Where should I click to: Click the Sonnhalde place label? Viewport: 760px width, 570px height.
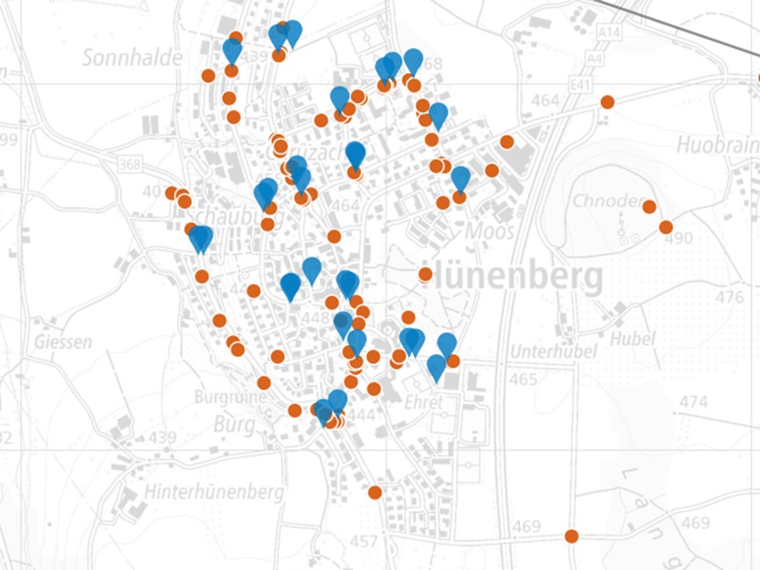(x=132, y=58)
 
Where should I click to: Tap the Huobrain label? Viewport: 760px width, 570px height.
(x=718, y=143)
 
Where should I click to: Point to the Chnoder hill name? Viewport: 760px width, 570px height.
(x=607, y=202)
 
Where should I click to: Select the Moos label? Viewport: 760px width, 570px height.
(x=489, y=232)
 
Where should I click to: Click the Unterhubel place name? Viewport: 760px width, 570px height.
(x=553, y=352)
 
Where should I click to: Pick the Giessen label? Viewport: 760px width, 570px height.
(x=63, y=342)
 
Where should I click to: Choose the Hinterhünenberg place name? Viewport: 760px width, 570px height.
(x=215, y=492)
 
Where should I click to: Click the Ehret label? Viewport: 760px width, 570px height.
(x=424, y=401)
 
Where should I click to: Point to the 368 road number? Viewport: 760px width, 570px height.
(x=129, y=164)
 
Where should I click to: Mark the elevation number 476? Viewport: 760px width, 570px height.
(x=729, y=297)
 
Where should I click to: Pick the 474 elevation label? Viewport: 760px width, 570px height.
(x=693, y=402)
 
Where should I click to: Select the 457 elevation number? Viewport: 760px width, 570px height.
(x=363, y=540)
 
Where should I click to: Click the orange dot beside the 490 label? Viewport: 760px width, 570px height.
(x=665, y=227)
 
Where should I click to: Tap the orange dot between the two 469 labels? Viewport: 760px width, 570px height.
(x=572, y=536)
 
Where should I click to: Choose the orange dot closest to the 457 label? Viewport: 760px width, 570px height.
(x=375, y=492)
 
